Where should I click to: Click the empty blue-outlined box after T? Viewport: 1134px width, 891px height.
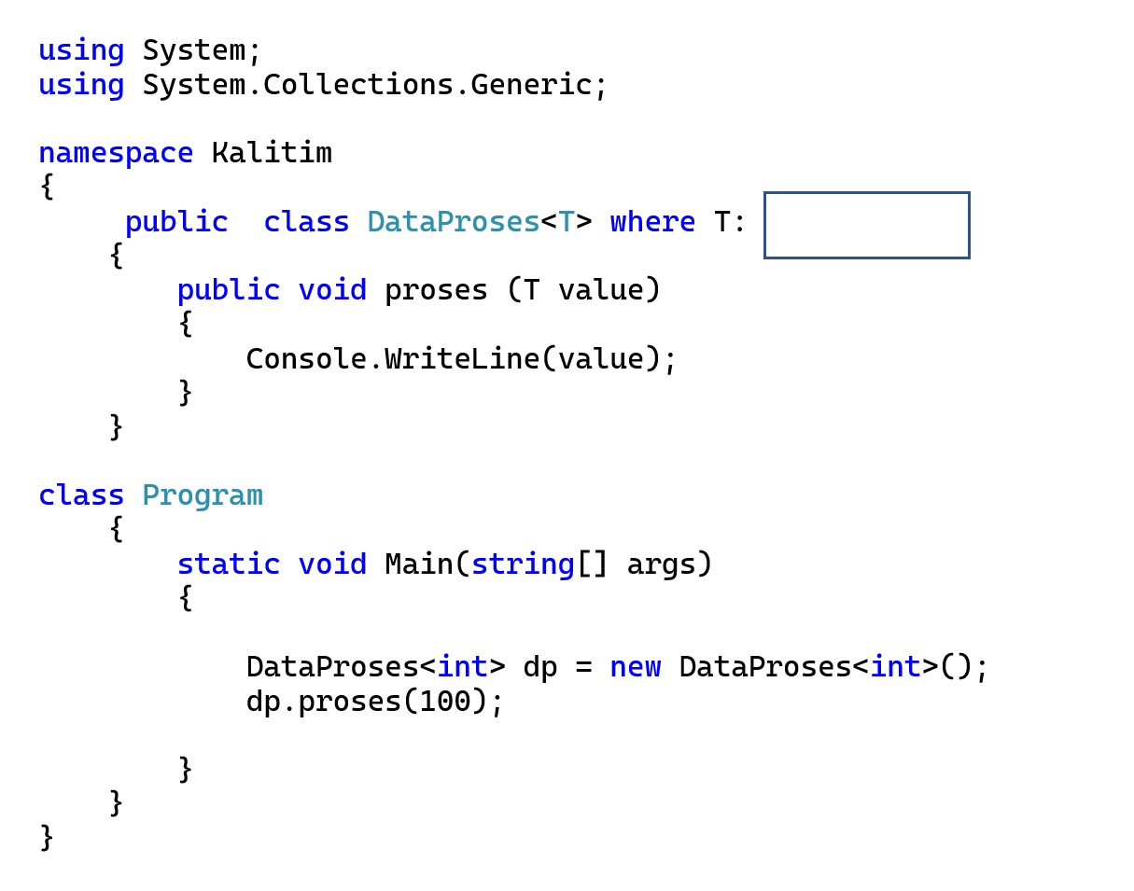(x=866, y=226)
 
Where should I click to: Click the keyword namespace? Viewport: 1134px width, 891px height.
(x=116, y=154)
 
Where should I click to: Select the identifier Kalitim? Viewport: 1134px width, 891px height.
(x=272, y=153)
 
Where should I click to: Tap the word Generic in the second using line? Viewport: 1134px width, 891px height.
(x=531, y=85)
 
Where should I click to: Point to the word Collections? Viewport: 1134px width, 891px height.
(x=358, y=85)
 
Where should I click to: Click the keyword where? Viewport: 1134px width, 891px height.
(x=652, y=222)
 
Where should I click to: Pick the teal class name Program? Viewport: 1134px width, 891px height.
(x=203, y=496)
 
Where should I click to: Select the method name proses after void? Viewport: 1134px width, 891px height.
(x=436, y=290)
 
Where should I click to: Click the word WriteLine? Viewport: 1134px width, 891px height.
(x=462, y=359)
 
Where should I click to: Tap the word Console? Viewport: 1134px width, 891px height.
(x=306, y=359)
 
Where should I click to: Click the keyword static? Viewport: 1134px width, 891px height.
(x=229, y=564)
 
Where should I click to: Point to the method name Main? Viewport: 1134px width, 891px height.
(x=419, y=564)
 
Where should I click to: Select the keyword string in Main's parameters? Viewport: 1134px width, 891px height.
(x=523, y=565)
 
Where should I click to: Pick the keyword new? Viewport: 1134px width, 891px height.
(x=636, y=668)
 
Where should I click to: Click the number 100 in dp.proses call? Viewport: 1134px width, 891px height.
(x=445, y=702)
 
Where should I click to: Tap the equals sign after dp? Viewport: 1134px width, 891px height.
(x=584, y=668)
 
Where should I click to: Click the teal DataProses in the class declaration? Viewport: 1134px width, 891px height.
(x=453, y=222)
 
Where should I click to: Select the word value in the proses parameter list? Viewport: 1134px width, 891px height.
(x=601, y=290)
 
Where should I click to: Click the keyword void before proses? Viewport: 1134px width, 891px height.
(x=332, y=290)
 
